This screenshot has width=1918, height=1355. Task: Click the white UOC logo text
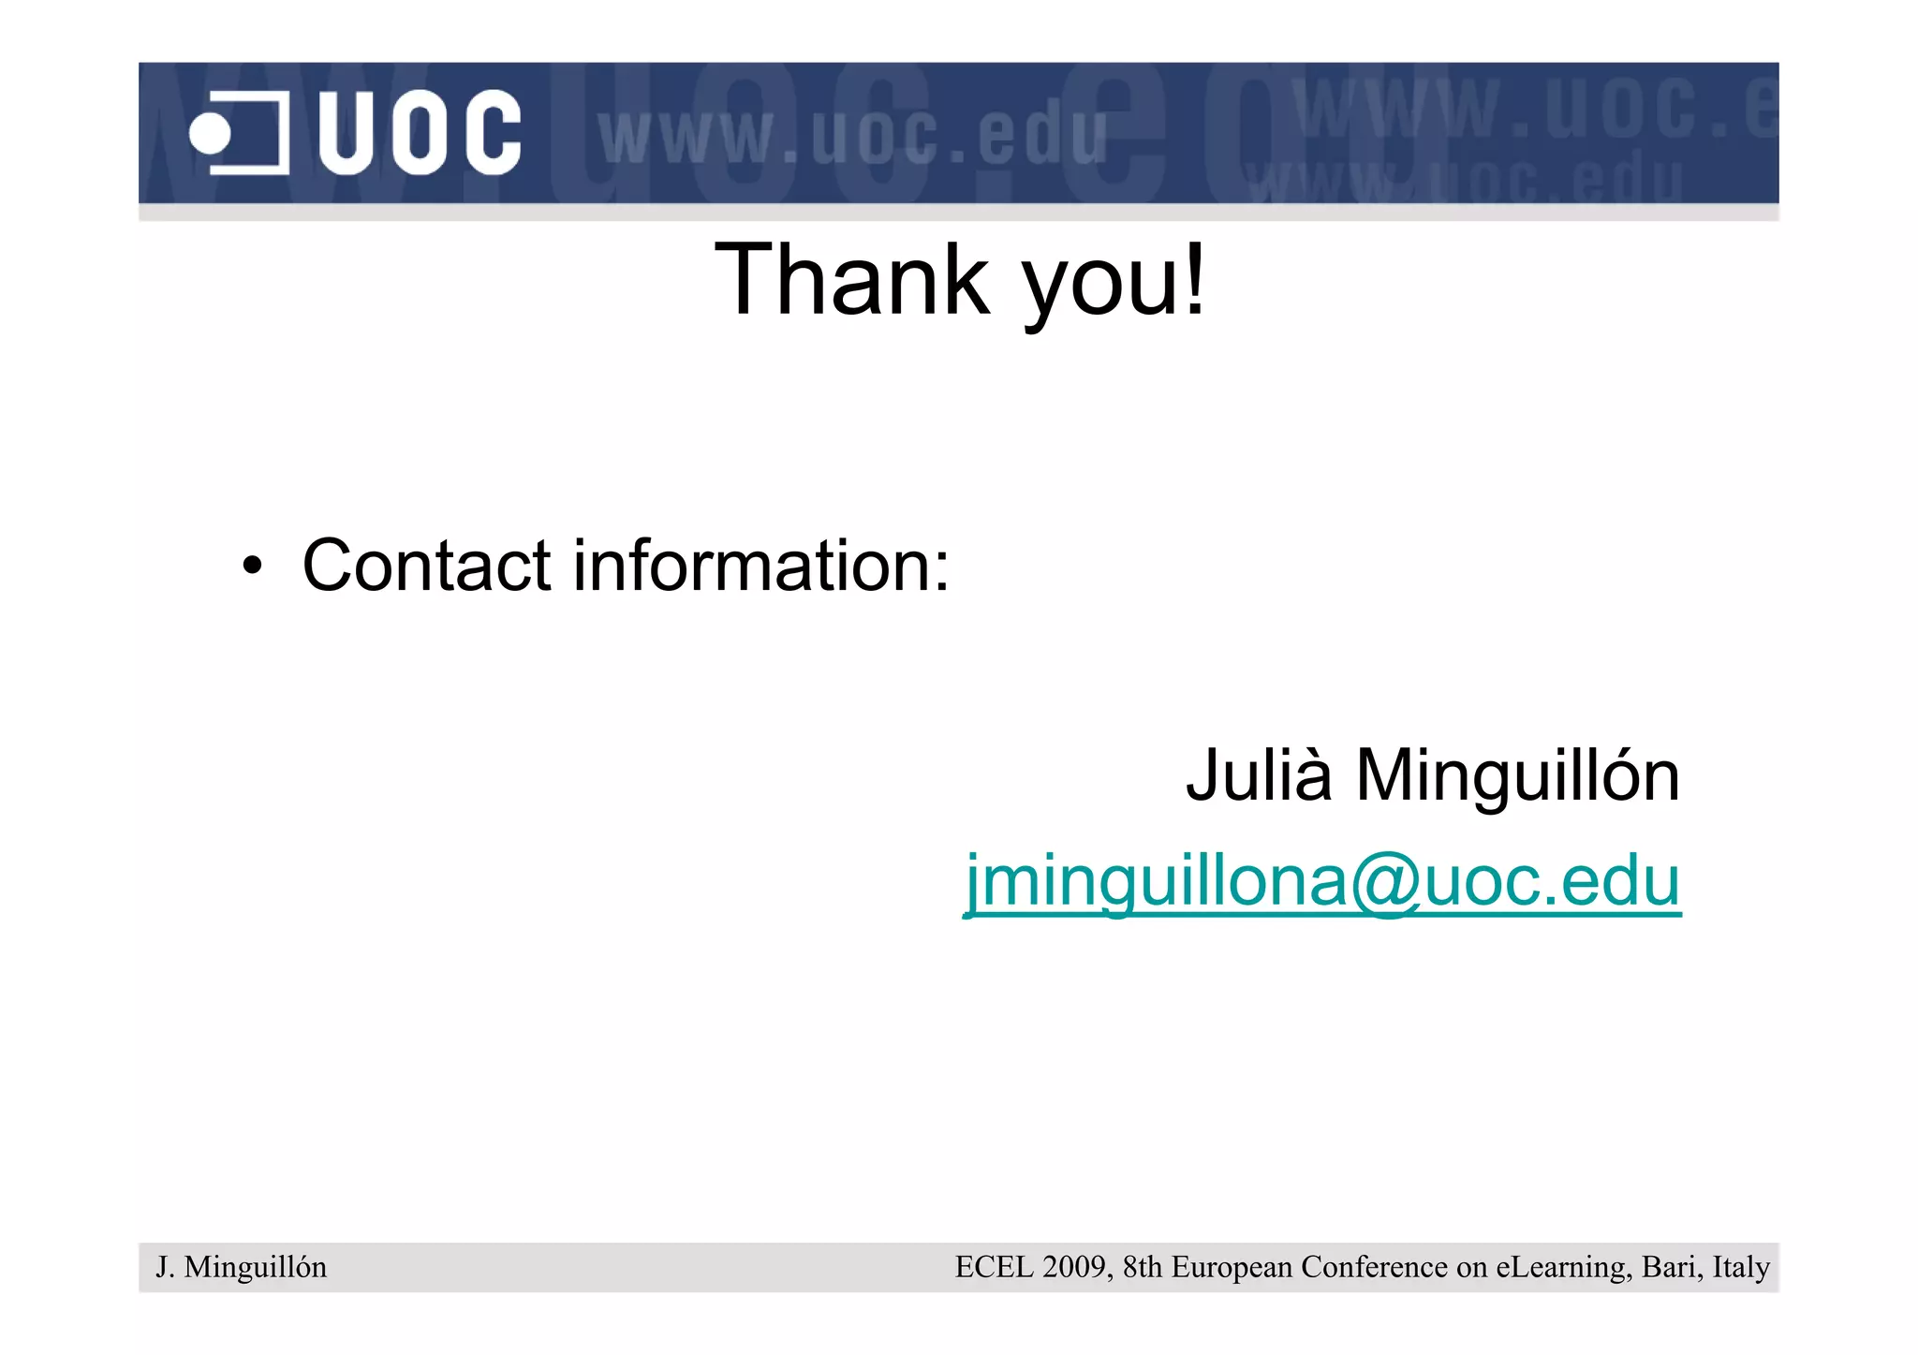click(419, 132)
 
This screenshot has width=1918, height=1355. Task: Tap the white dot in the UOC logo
click(210, 133)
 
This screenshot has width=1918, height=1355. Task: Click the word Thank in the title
click(851, 280)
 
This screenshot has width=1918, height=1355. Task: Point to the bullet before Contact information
click(251, 566)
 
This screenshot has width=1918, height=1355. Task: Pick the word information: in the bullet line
click(760, 566)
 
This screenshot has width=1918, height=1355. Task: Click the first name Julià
click(1258, 775)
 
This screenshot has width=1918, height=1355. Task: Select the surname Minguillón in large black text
click(1517, 775)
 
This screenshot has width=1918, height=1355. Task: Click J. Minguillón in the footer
click(241, 1267)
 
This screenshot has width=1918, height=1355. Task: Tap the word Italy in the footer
click(1741, 1268)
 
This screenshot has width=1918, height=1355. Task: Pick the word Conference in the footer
click(1375, 1267)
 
